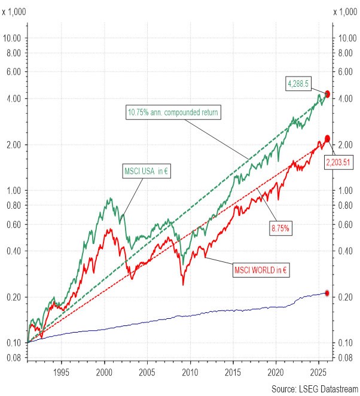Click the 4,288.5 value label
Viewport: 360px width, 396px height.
pyautogui.click(x=300, y=85)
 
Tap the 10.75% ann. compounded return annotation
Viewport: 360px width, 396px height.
pyautogui.click(x=173, y=112)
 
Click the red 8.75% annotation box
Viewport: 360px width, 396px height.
pyautogui.click(x=279, y=228)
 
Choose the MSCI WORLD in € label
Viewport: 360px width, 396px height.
pyautogui.click(x=260, y=270)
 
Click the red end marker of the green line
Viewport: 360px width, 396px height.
pyautogui.click(x=327, y=94)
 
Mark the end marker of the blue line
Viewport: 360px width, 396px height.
pyautogui.click(x=327, y=293)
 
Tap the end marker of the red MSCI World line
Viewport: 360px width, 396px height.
pyautogui.click(x=327, y=138)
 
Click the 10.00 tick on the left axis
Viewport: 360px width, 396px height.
pyautogui.click(x=12, y=38)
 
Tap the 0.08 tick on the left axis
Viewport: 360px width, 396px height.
pyautogui.click(x=13, y=358)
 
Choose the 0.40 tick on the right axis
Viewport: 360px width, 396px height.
pyautogui.click(x=347, y=251)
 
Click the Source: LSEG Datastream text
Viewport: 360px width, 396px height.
pyautogui.click(x=315, y=389)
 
